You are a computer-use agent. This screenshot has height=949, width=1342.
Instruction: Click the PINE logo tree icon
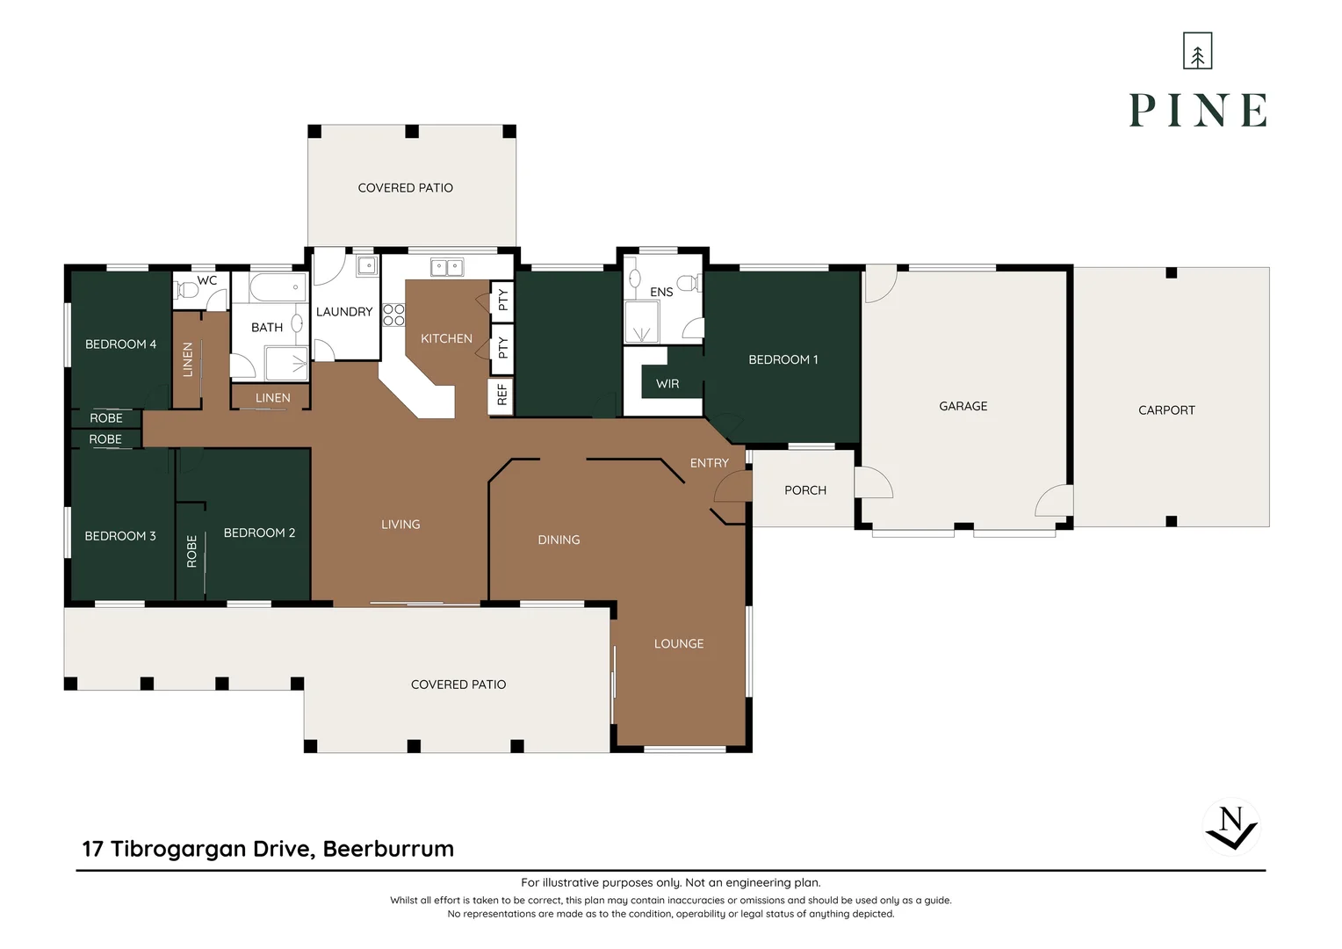pyautogui.click(x=1197, y=51)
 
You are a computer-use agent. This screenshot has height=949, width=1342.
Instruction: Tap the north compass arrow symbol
pyautogui.click(x=1231, y=828)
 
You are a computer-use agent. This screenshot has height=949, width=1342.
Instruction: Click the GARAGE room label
pyautogui.click(x=963, y=407)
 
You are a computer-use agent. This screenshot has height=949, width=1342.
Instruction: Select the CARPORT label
pyautogui.click(x=1165, y=410)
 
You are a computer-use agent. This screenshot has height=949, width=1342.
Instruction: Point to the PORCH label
pyautogui.click(x=805, y=490)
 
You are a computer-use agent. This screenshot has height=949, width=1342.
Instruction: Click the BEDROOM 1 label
pyautogui.click(x=783, y=359)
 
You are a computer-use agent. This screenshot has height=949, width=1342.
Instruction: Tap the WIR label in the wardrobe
pyautogui.click(x=667, y=384)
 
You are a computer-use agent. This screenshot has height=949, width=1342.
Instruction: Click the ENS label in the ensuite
pyautogui.click(x=661, y=292)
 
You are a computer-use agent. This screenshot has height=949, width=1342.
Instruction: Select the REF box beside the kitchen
pyautogui.click(x=501, y=395)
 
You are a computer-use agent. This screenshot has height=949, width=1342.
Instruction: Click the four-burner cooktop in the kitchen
pyautogui.click(x=393, y=315)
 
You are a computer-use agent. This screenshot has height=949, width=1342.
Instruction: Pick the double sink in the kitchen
pyautogui.click(x=447, y=267)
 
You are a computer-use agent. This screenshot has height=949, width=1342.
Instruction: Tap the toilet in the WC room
pyautogui.click(x=186, y=291)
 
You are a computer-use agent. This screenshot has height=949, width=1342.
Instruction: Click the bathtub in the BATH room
pyautogui.click(x=278, y=287)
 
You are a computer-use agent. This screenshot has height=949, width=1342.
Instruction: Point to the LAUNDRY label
pyautogui.click(x=344, y=312)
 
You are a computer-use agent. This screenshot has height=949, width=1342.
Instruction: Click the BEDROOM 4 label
pyautogui.click(x=120, y=344)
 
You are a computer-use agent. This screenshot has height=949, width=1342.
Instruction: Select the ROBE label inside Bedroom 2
pyautogui.click(x=191, y=552)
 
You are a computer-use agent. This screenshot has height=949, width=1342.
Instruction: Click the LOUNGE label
pyautogui.click(x=679, y=644)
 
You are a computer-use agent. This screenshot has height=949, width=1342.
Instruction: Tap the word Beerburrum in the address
pyautogui.click(x=388, y=849)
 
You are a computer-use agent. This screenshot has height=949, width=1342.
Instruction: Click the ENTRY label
pyautogui.click(x=710, y=463)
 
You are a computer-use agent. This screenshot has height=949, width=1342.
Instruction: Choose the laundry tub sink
pyautogui.click(x=367, y=265)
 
